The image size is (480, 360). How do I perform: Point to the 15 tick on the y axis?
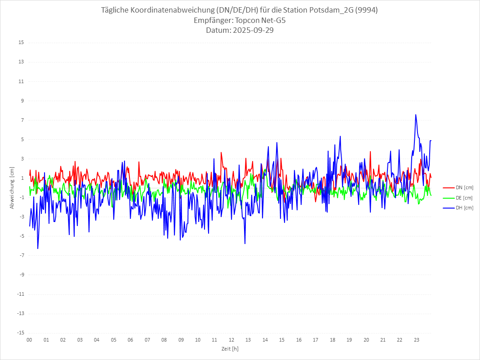tap(21, 43)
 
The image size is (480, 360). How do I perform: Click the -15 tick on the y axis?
tap(20, 333)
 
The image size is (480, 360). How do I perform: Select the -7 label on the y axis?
tap(21, 255)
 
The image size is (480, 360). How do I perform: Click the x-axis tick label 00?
tap(29, 340)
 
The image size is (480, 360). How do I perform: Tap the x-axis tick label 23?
tap(417, 340)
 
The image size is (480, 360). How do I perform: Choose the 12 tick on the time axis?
tap(231, 340)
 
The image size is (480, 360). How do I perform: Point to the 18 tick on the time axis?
tap(333, 340)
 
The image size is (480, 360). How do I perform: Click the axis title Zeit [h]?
tap(230, 349)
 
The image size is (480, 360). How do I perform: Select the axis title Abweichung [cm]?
tap(12, 188)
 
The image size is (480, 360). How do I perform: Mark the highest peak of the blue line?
tap(416, 115)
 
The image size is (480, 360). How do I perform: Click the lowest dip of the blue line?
tap(38, 249)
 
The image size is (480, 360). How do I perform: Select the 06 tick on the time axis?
tap(130, 340)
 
